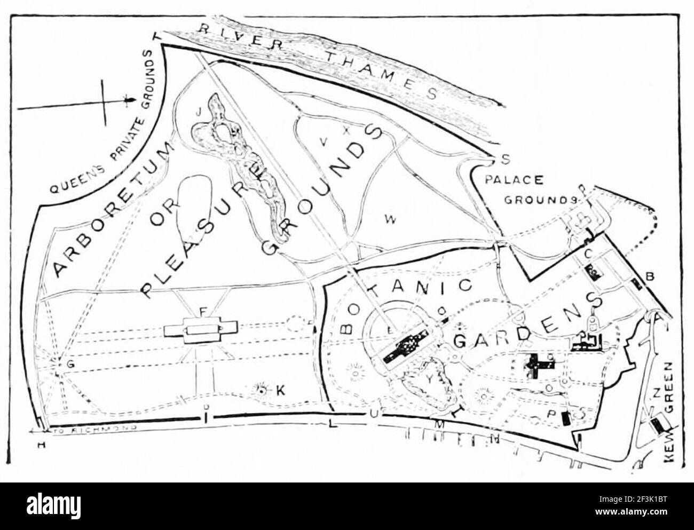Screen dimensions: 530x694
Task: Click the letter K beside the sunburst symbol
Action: (x=280, y=391)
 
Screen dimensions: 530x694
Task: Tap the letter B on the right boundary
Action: (x=650, y=276)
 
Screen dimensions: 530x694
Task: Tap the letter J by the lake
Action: (x=198, y=112)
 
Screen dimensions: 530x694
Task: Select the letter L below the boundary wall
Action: (x=331, y=425)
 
